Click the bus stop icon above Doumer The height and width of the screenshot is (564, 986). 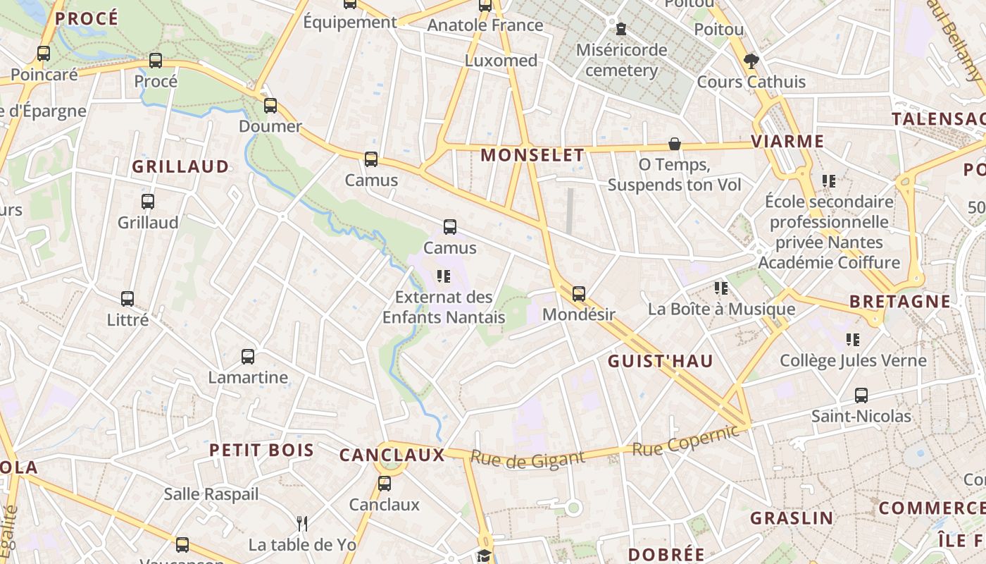click(x=270, y=106)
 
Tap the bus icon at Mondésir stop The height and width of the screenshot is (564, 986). click(x=579, y=293)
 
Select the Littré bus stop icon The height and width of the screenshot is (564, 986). click(x=127, y=298)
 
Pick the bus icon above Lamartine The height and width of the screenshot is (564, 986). click(x=248, y=356)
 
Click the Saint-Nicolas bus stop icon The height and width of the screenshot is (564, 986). click(x=861, y=395)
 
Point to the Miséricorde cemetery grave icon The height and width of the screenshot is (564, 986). click(x=621, y=29)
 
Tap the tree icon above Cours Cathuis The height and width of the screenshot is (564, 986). click(x=751, y=61)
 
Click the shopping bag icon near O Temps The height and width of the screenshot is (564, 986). click(x=675, y=144)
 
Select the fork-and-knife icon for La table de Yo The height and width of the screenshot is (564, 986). click(x=302, y=523)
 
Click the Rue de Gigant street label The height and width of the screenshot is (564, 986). click(x=528, y=459)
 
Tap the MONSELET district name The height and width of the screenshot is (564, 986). click(x=532, y=155)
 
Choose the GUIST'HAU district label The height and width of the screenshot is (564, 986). click(x=661, y=362)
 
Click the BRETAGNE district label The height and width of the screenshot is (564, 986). click(x=899, y=302)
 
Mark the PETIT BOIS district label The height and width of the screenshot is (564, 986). click(x=261, y=450)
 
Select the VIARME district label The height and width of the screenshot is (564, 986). click(x=787, y=141)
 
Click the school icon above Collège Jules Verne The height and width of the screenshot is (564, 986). click(x=853, y=340)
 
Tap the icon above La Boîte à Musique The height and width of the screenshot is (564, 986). click(x=721, y=288)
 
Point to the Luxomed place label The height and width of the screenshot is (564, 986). click(x=501, y=61)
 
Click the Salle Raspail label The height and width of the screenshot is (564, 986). click(x=211, y=494)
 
